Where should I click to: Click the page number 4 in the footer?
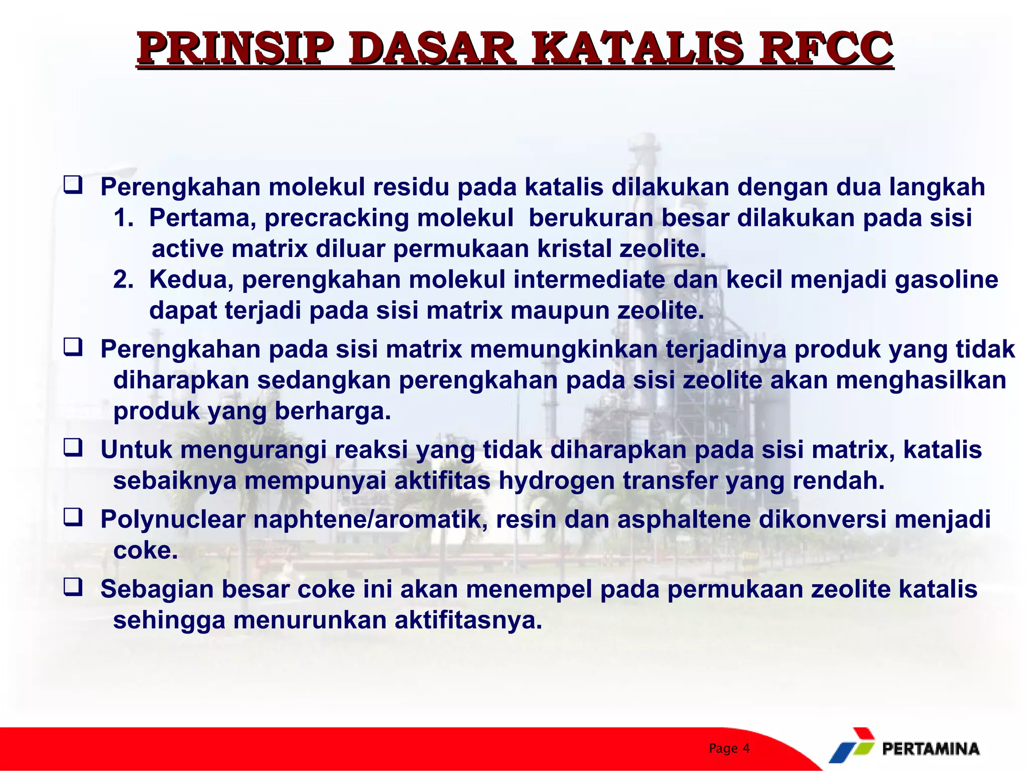[x=746, y=748]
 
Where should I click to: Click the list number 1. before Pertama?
[x=123, y=218]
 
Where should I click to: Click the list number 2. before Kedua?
[x=123, y=280]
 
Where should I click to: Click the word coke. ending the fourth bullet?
[x=146, y=550]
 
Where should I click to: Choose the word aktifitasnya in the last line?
[x=468, y=620]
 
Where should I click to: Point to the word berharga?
[x=332, y=411]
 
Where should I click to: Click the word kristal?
[x=574, y=249]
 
